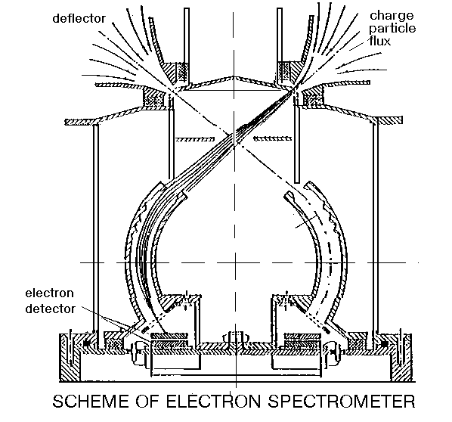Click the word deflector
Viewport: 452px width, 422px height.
pos(79,19)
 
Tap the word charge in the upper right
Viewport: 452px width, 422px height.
pos(392,16)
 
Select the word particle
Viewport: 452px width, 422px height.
pos(392,29)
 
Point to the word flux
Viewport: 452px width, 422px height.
pos(380,41)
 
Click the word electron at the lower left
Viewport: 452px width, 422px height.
pos(50,293)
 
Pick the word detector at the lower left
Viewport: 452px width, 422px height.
pos(51,309)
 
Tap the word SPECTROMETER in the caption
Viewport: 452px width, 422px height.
pos(342,402)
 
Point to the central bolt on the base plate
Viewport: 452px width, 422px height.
pos(234,338)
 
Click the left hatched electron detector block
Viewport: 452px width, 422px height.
pos(169,336)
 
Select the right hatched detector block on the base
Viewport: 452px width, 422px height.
pos(302,336)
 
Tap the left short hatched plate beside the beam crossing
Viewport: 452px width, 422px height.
pos(195,140)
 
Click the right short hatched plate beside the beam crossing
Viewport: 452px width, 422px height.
pos(273,138)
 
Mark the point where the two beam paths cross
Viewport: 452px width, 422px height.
pos(234,141)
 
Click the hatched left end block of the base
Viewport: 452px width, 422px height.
pos(70,358)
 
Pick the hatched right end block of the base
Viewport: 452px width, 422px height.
pos(401,358)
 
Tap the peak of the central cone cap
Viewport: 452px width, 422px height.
pos(234,76)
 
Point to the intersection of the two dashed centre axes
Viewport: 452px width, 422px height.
pos(234,262)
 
